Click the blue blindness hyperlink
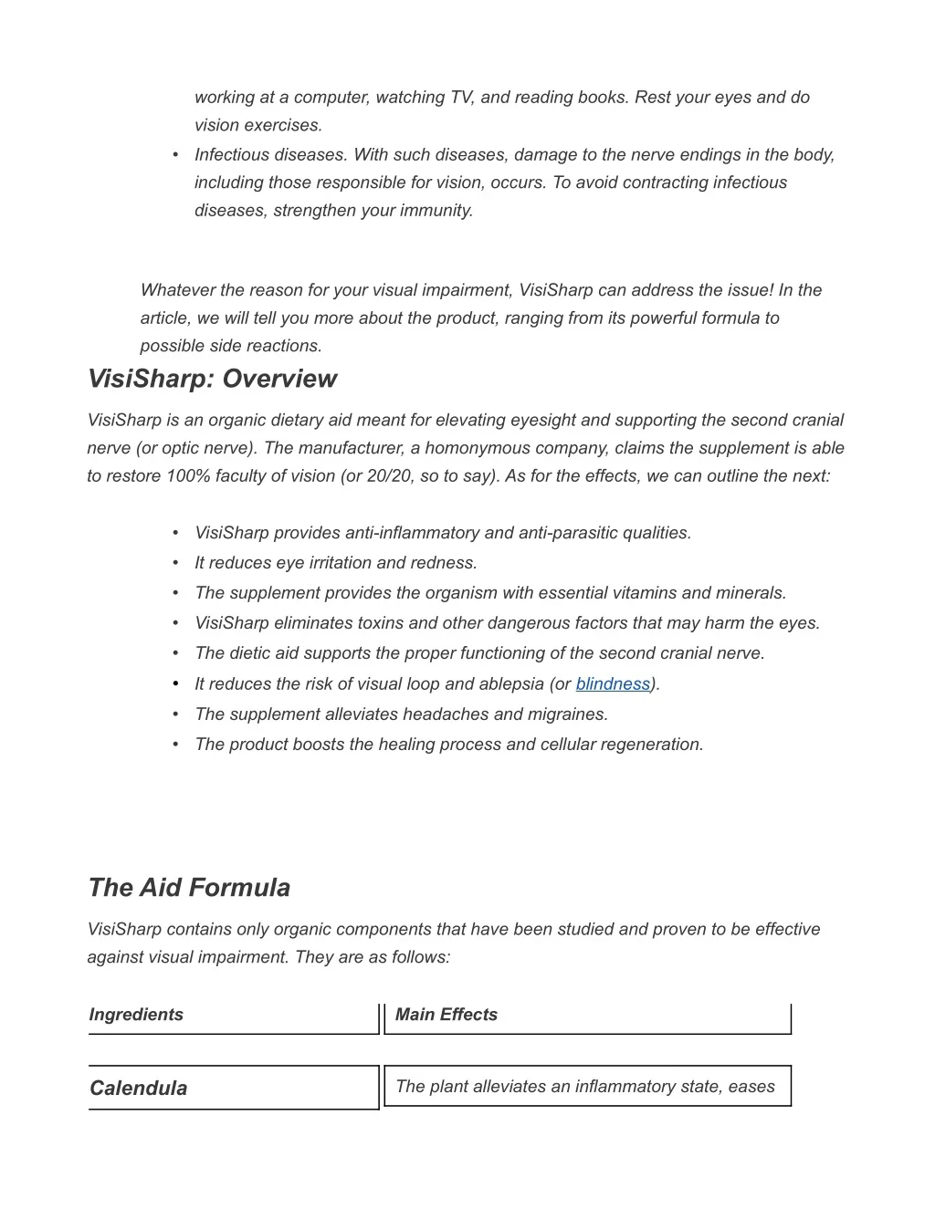click(613, 684)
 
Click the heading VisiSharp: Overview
click(212, 379)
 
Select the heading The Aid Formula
click(189, 888)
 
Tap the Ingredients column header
click(136, 1015)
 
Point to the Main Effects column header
click(446, 1015)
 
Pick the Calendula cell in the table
click(138, 1088)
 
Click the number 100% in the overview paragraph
click(188, 476)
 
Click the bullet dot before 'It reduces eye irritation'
click(174, 563)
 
